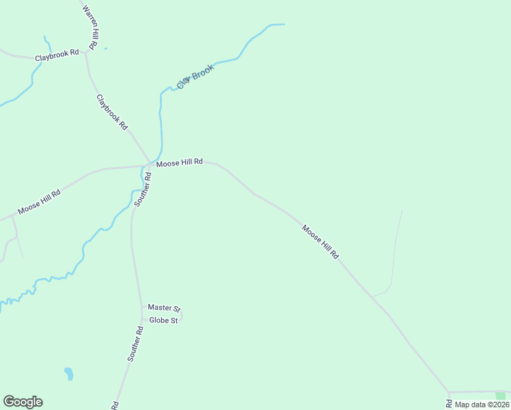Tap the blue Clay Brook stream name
coord(195,76)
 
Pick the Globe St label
coord(163,320)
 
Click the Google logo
coord(23,402)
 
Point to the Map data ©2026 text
coord(481,405)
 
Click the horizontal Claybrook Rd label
coord(57,54)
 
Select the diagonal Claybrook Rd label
coord(112,112)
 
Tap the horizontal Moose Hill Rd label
coord(179,162)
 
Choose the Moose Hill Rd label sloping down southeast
coord(320,241)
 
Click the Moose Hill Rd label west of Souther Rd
coord(39,202)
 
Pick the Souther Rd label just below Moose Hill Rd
coord(142,189)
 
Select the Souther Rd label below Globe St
coord(135,344)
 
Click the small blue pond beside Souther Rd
coord(68,373)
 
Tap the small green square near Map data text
coord(501,396)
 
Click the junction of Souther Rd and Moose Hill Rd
coord(150,165)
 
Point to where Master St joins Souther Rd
coord(141,309)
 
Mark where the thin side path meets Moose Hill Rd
coord(374,297)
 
